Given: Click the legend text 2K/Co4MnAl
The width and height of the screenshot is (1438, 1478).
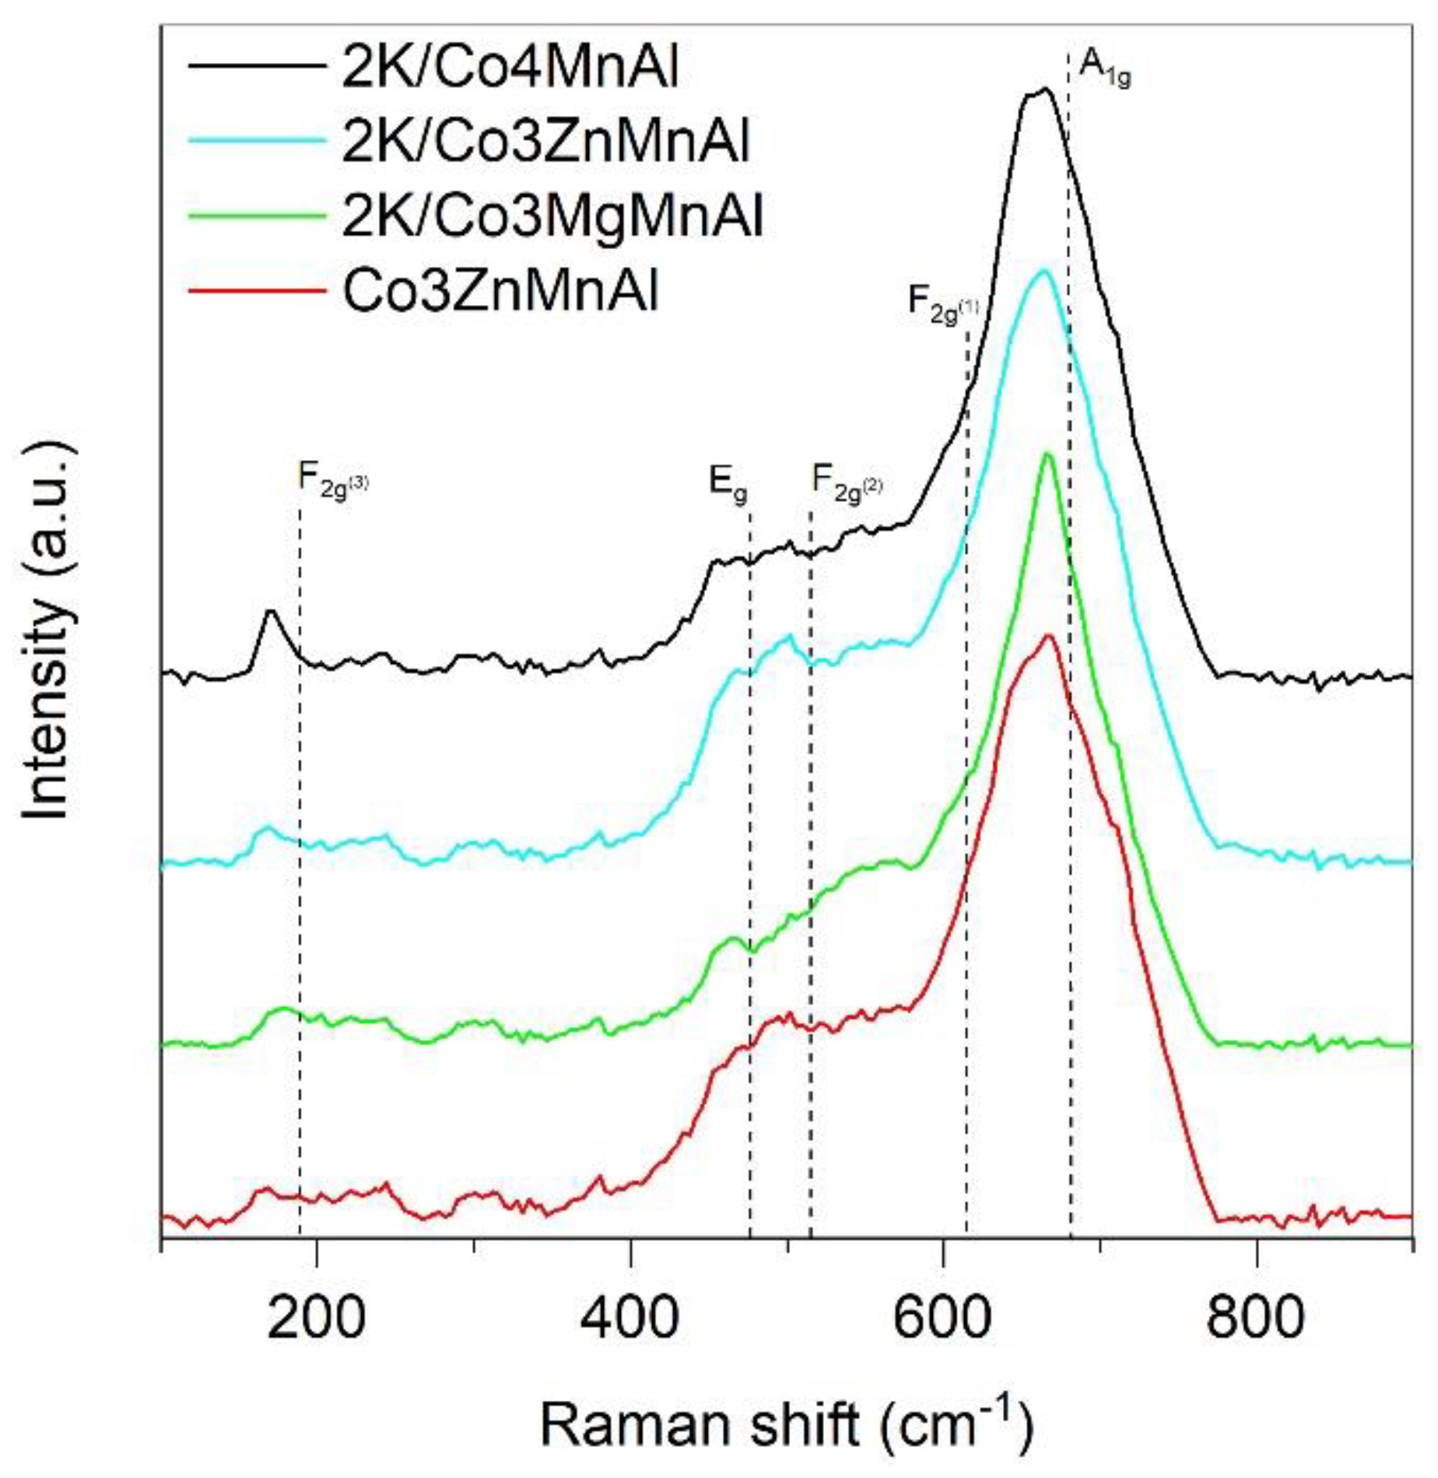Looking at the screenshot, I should (x=510, y=68).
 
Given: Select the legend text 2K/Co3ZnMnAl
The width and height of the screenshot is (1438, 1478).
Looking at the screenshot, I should (x=545, y=142).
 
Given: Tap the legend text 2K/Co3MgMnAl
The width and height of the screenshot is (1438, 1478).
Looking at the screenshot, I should (x=552, y=216).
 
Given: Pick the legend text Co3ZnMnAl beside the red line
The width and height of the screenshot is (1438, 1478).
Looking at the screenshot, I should (x=500, y=291).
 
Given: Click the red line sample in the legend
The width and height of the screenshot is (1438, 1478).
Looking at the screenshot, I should (x=256, y=292).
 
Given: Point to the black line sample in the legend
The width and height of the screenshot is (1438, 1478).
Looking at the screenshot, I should (x=256, y=67).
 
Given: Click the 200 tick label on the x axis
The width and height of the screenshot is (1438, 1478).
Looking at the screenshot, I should (x=316, y=1318).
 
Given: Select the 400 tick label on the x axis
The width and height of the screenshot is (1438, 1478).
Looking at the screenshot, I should (x=630, y=1318).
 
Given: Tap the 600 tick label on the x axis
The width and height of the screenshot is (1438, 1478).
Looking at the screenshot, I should (x=942, y=1318).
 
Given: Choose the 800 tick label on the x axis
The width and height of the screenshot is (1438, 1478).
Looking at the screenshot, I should (x=1256, y=1318).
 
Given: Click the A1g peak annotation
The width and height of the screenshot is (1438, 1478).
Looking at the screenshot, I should (x=1104, y=68).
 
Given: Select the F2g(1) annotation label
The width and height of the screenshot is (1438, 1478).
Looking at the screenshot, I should (x=942, y=304).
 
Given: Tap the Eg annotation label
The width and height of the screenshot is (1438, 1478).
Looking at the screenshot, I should (x=728, y=483).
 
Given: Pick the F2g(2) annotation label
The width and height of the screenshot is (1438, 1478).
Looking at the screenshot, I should (x=847, y=483).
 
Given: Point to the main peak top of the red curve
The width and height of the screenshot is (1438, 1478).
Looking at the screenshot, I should (x=1047, y=637).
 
